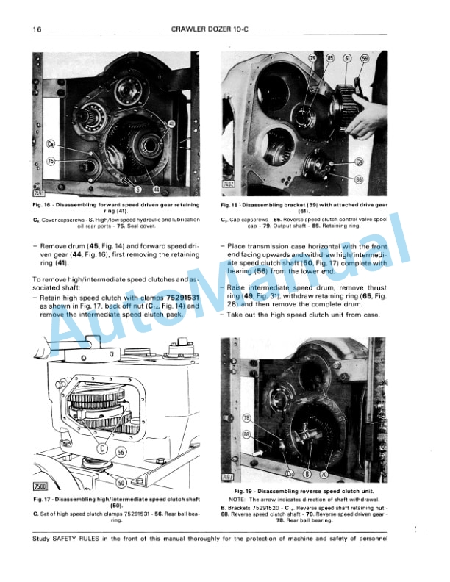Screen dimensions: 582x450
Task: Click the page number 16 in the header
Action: tap(36, 29)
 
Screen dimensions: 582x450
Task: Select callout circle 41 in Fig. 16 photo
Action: tap(171, 124)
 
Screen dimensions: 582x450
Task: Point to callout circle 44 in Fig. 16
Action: tap(156, 190)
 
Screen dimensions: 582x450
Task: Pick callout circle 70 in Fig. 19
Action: tap(324, 475)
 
